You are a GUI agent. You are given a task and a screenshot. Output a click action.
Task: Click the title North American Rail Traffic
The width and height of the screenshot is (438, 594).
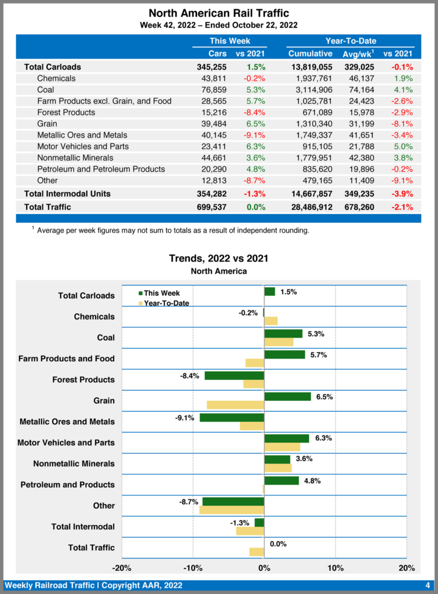(218, 13)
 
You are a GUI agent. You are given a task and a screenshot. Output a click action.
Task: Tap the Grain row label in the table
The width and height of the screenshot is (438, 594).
(47, 124)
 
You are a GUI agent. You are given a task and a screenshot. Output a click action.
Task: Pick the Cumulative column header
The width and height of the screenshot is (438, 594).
(310, 54)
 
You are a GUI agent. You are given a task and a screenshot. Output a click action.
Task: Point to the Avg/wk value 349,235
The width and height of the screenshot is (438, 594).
(358, 194)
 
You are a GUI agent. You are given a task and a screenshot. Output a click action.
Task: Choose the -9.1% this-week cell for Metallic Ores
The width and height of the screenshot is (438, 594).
(254, 135)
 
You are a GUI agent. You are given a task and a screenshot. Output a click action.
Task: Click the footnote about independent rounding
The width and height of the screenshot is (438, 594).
(172, 230)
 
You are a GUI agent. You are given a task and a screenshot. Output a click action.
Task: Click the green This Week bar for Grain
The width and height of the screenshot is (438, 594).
(287, 397)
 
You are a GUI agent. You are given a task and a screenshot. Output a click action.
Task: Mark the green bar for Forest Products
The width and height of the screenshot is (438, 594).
(234, 375)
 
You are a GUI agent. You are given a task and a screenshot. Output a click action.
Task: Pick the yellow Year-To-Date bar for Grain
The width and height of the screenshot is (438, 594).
(235, 405)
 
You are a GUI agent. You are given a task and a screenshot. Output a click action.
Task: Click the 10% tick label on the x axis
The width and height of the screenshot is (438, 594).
(335, 567)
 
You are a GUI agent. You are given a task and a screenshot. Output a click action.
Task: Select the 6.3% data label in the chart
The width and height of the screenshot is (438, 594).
(323, 439)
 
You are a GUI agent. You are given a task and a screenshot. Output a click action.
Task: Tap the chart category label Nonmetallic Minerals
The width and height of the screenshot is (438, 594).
(74, 463)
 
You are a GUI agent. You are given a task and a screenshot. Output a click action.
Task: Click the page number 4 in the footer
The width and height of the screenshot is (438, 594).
(427, 585)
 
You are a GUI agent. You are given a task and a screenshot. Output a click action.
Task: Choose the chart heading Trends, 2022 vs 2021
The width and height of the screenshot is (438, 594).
(218, 258)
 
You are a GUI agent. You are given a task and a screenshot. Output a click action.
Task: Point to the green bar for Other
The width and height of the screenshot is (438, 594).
(233, 502)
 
